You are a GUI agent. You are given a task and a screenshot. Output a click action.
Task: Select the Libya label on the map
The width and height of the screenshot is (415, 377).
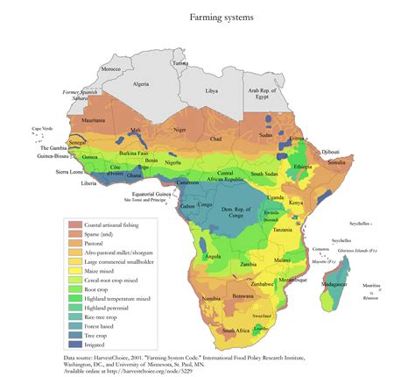(x=211, y=90)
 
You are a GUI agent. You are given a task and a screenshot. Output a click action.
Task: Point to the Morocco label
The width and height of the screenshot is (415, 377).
(x=110, y=68)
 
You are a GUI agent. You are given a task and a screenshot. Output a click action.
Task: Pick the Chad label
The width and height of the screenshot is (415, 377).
(x=216, y=139)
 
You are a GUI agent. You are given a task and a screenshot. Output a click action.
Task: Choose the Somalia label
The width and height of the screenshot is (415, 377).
(x=338, y=162)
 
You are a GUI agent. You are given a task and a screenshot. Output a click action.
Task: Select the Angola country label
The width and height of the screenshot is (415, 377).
(x=212, y=257)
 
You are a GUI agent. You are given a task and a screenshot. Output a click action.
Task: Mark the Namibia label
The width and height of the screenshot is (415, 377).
(x=210, y=299)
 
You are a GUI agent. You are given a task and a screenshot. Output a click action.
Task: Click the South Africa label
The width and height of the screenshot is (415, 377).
(x=237, y=331)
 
